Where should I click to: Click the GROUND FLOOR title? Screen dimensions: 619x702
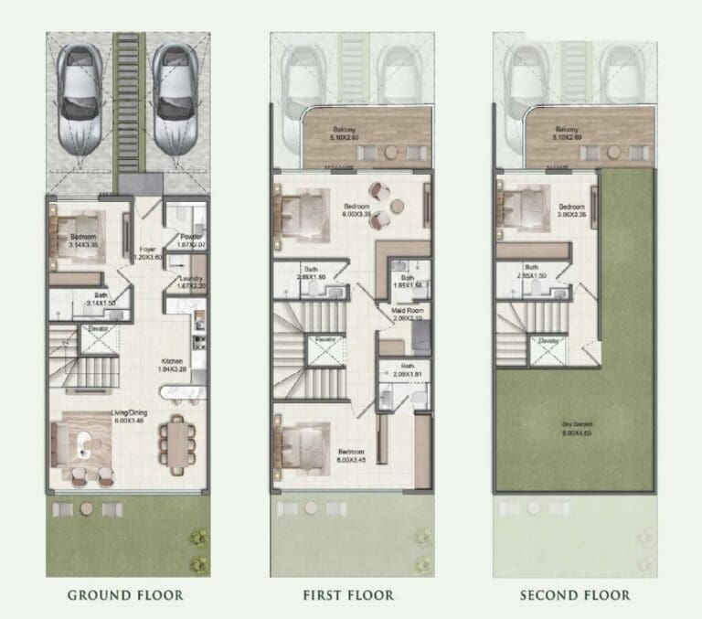(x=125, y=595)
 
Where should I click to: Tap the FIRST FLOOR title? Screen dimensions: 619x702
(x=348, y=595)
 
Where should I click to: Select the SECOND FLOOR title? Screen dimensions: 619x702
(x=574, y=595)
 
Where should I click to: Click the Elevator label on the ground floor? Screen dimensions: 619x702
(x=98, y=328)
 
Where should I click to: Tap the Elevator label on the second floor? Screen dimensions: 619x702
(x=548, y=339)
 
